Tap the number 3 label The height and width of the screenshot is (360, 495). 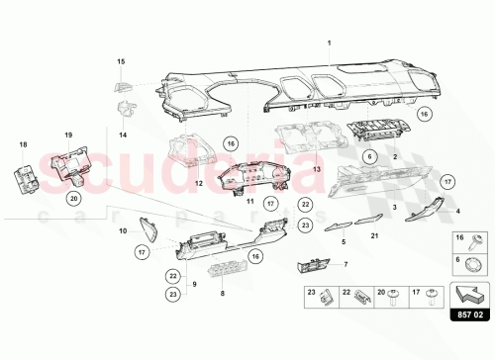[x=394, y=207]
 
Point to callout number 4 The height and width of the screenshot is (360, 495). [x=456, y=211]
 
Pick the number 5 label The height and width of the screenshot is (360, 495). [x=344, y=241]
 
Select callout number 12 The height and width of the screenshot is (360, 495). [x=199, y=183]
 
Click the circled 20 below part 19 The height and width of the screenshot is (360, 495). [x=74, y=198]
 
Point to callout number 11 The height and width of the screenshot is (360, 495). [x=251, y=200]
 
